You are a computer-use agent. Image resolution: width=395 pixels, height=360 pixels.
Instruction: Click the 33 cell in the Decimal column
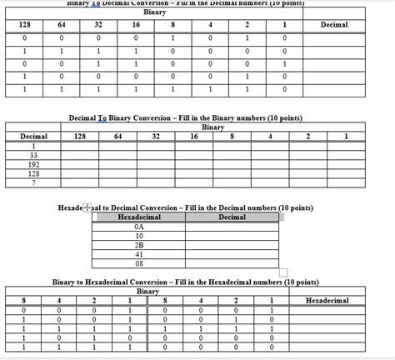(33, 155)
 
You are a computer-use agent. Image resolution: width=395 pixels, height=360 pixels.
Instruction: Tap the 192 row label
(33, 164)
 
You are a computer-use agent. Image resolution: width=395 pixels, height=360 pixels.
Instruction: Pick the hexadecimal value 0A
(138, 227)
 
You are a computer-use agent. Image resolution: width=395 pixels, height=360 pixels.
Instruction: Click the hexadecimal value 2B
(138, 245)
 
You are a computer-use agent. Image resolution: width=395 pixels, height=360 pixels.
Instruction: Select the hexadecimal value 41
(138, 254)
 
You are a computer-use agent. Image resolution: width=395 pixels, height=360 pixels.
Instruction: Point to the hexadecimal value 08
(138, 263)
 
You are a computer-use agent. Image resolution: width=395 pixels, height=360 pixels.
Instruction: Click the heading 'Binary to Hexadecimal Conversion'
(185, 282)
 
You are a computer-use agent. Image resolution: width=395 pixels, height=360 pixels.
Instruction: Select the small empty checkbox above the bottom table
(283, 273)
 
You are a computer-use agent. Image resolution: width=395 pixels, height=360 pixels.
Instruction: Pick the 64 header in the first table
(62, 25)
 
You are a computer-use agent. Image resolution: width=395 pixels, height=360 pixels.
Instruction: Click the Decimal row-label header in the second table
(33, 136)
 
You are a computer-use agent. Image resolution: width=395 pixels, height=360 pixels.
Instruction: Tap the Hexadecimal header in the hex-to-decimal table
(138, 217)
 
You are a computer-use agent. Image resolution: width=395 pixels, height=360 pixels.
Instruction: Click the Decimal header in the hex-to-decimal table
(232, 217)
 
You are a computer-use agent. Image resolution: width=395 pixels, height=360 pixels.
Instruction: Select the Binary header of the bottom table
(147, 291)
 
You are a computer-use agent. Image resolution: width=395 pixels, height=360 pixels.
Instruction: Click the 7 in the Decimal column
(33, 182)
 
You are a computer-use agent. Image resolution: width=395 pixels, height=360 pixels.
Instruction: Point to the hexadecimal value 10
(138, 236)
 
